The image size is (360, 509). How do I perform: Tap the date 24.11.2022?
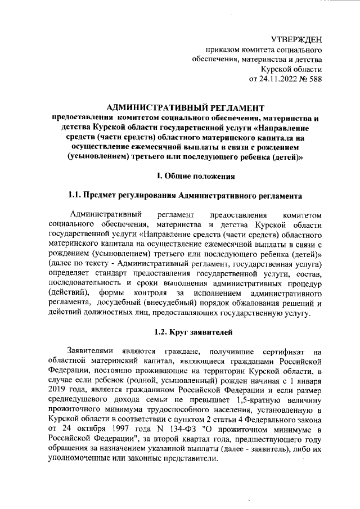[272, 79]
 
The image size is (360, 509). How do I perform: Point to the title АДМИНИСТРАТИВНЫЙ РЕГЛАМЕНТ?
[185, 107]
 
